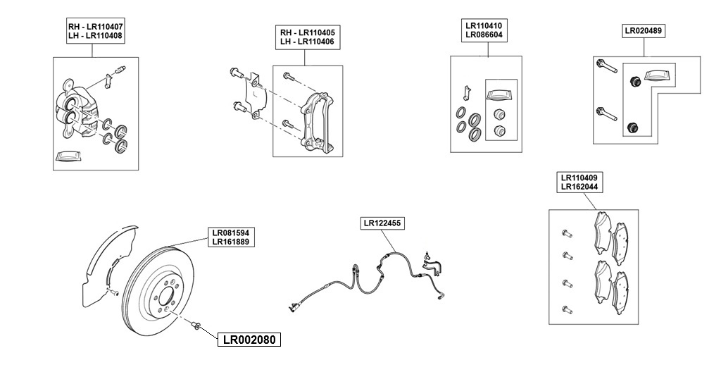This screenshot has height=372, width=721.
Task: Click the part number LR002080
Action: click(x=248, y=340)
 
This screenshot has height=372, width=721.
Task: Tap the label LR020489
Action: click(x=644, y=31)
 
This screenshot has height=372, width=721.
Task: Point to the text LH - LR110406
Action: click(x=307, y=42)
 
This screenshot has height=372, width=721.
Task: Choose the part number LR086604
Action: click(x=483, y=35)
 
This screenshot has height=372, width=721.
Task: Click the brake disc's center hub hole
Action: click(x=167, y=297)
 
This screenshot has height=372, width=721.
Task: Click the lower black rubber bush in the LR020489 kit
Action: click(x=632, y=128)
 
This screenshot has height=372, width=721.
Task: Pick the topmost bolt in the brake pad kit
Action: click(x=565, y=232)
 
